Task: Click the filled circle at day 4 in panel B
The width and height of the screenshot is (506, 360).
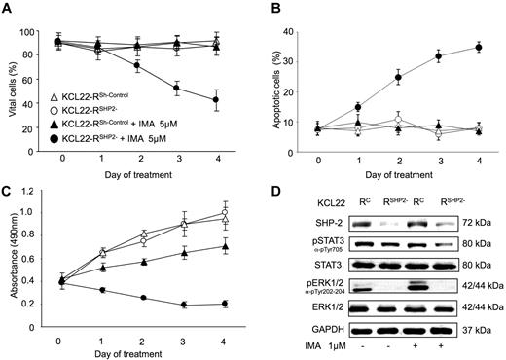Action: pyautogui.click(x=476, y=47)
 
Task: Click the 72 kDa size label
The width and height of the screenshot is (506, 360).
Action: pyautogui.click(x=476, y=221)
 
